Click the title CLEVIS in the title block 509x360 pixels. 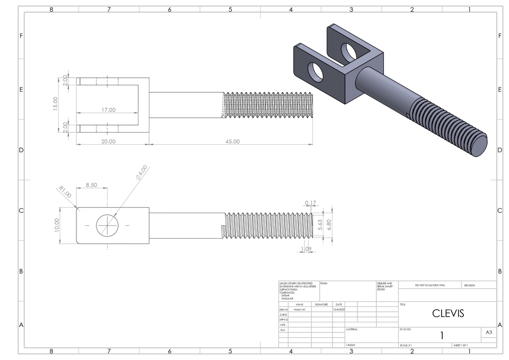[x=448, y=313]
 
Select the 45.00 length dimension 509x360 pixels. [x=232, y=142]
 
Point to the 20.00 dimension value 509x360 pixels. [x=108, y=142]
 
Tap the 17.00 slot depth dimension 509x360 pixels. [x=108, y=110]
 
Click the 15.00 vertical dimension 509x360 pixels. [x=55, y=103]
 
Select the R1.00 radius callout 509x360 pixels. [x=65, y=192]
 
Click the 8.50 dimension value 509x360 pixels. [x=91, y=185]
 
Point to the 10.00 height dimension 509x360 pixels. [x=57, y=225]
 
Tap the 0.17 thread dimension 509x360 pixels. [x=311, y=203]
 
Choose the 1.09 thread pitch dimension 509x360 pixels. [x=306, y=249]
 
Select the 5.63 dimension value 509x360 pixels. [x=320, y=225]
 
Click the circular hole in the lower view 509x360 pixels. [x=108, y=225]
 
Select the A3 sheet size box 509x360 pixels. [x=488, y=332]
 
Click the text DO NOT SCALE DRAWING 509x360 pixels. [x=429, y=285]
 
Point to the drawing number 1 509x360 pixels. [x=441, y=336]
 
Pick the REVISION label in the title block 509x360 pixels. [x=470, y=285]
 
